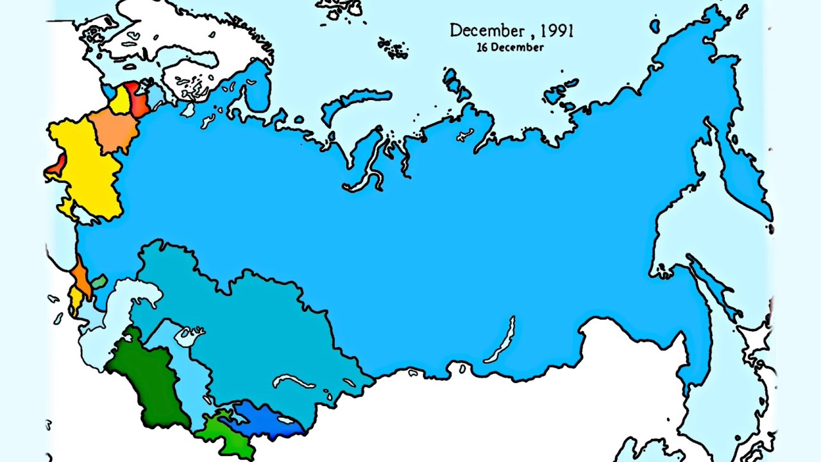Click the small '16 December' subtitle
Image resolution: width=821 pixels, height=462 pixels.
coord(510,47)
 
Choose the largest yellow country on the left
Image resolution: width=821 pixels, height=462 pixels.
coord(83,167)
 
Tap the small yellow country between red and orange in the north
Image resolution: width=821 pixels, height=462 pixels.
coord(120,100)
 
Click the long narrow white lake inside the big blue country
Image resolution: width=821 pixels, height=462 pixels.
coord(500,343)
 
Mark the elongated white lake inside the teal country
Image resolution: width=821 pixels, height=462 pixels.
coord(295,381)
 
